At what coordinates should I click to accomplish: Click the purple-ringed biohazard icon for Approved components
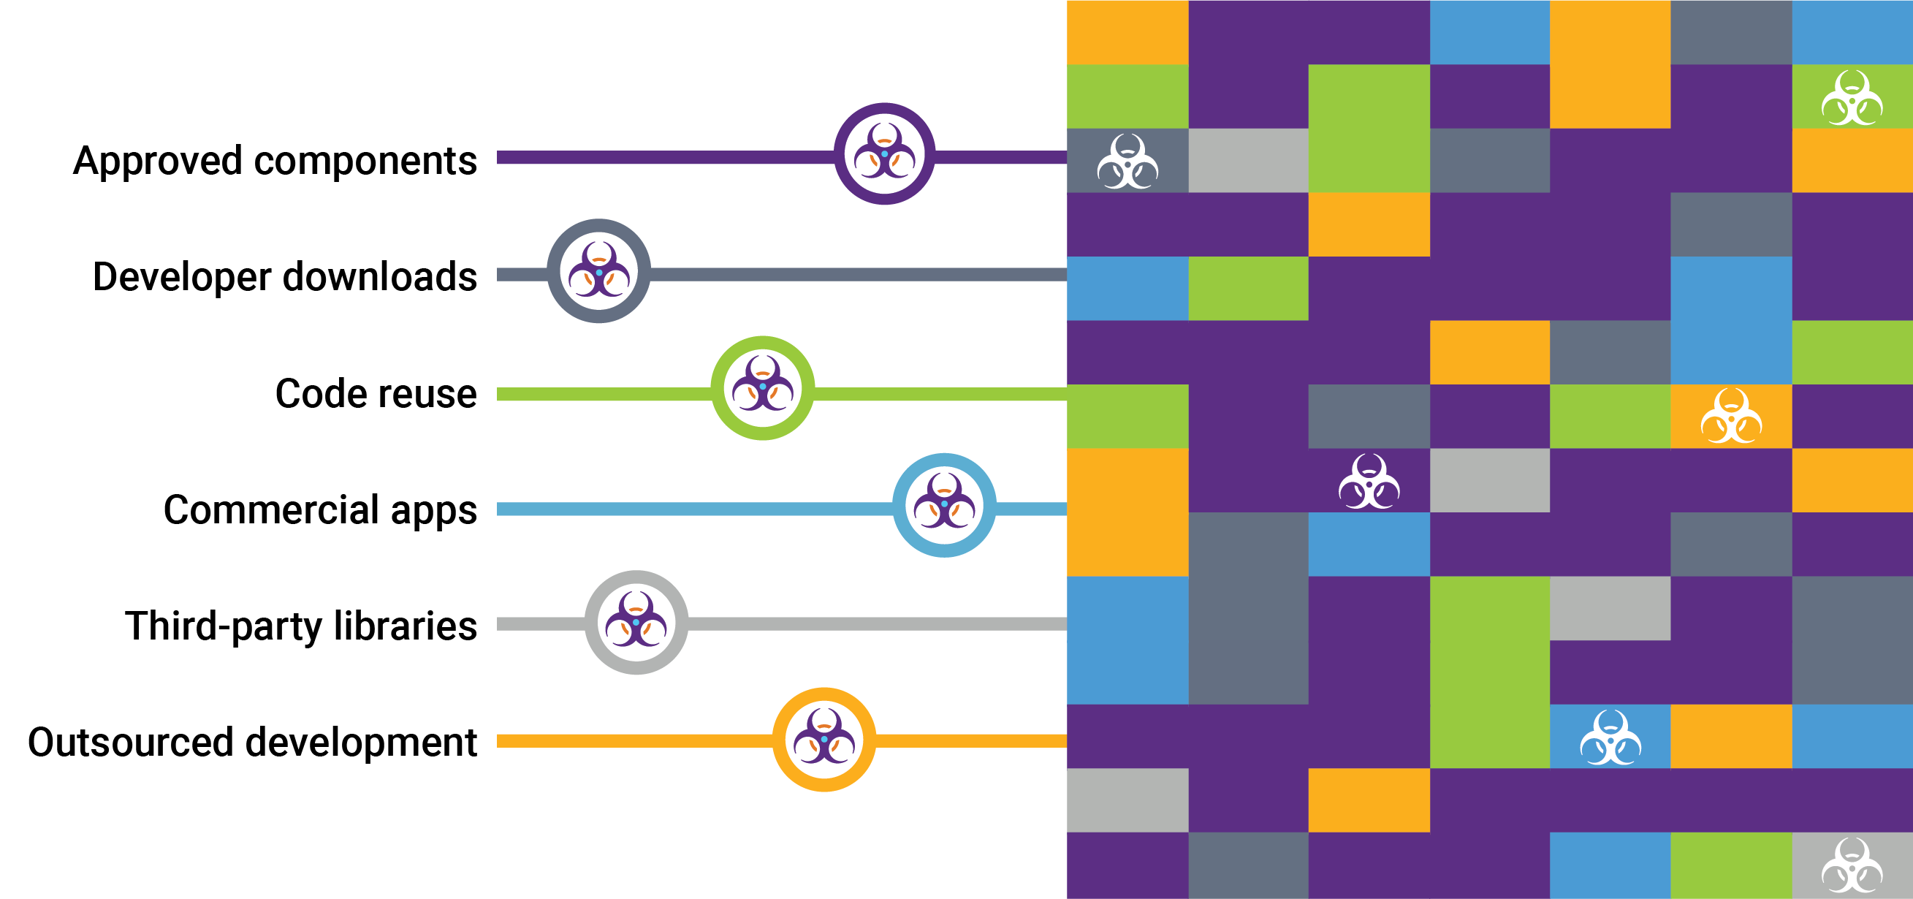(883, 153)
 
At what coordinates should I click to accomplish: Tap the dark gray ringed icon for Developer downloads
(598, 271)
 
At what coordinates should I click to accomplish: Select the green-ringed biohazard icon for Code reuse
(763, 388)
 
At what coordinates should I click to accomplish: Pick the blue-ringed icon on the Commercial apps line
(944, 505)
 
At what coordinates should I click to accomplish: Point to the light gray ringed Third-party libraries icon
(636, 623)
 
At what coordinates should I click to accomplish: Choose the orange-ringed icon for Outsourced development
(824, 739)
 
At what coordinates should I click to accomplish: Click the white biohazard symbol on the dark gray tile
(1127, 162)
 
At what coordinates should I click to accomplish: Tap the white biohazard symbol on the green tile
(1852, 98)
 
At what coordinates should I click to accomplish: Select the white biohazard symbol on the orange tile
(1731, 416)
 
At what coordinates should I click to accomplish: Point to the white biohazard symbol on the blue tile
(1610, 737)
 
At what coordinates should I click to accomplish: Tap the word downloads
(379, 277)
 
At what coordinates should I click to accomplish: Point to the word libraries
(405, 626)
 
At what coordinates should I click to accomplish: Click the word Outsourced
(130, 743)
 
